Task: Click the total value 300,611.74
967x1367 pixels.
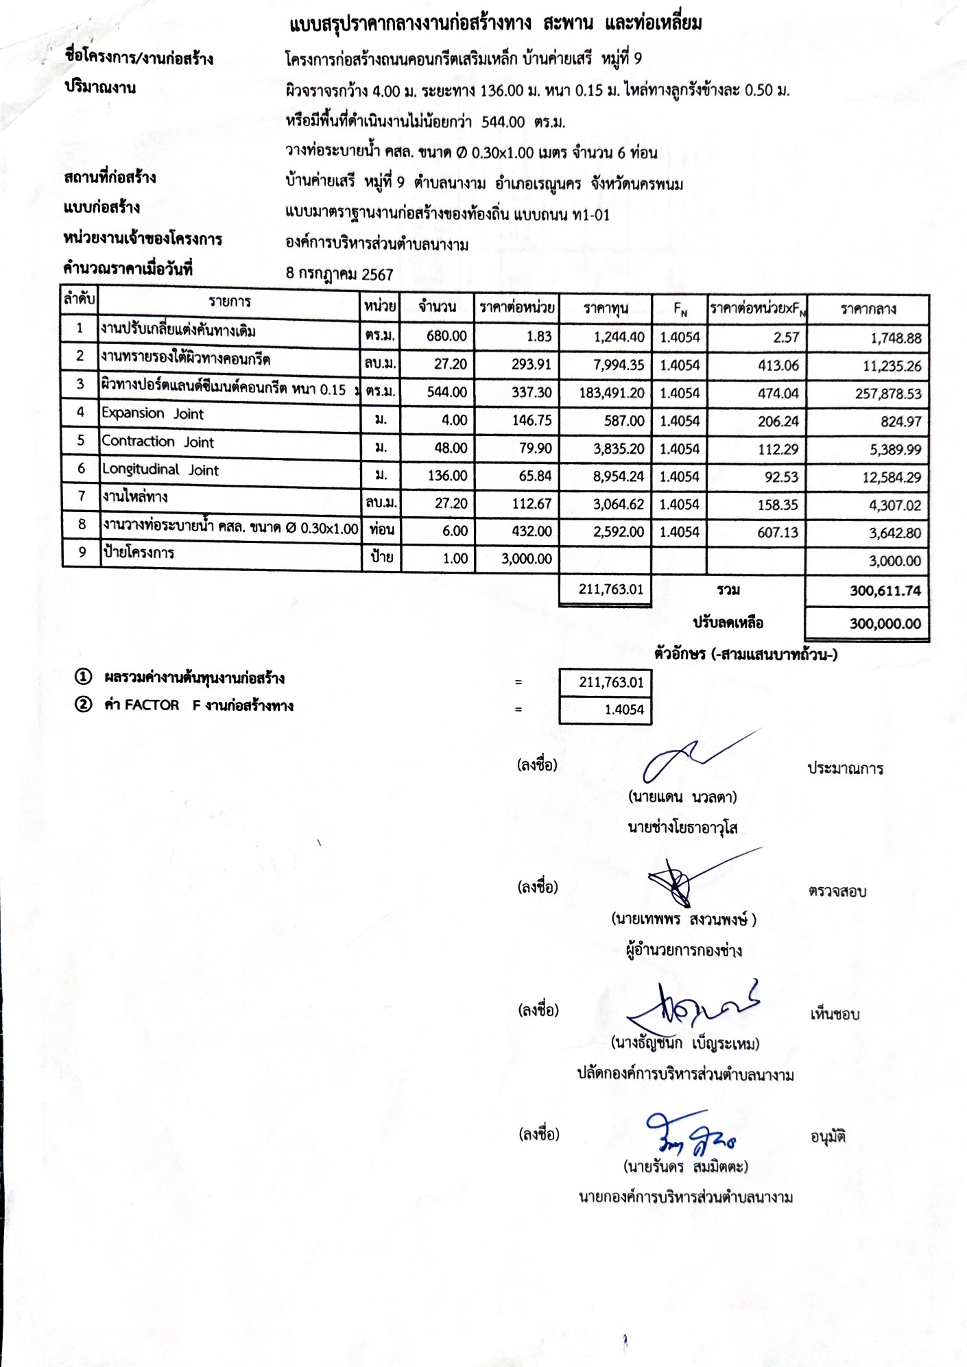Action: click(885, 591)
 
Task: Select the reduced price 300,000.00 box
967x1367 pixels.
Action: click(885, 624)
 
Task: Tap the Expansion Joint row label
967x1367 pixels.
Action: click(152, 413)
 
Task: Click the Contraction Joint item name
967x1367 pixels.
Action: click(158, 442)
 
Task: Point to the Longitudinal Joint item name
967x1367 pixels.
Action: click(160, 470)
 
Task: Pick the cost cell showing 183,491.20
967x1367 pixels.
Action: click(607, 393)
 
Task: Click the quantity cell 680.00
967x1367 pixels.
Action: click(446, 336)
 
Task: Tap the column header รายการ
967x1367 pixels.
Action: click(230, 302)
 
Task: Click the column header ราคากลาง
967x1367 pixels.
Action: click(868, 309)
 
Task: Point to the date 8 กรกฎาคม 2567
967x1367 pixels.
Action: click(339, 275)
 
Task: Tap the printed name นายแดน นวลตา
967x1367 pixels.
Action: click(682, 797)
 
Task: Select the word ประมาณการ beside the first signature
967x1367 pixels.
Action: click(845, 769)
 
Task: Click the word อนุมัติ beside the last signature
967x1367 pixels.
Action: click(828, 1137)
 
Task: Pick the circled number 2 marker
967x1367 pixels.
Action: click(83, 705)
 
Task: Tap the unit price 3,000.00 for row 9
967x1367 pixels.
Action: click(526, 559)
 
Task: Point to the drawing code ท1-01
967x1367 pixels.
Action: click(590, 215)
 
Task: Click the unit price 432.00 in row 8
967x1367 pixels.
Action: click(532, 531)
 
